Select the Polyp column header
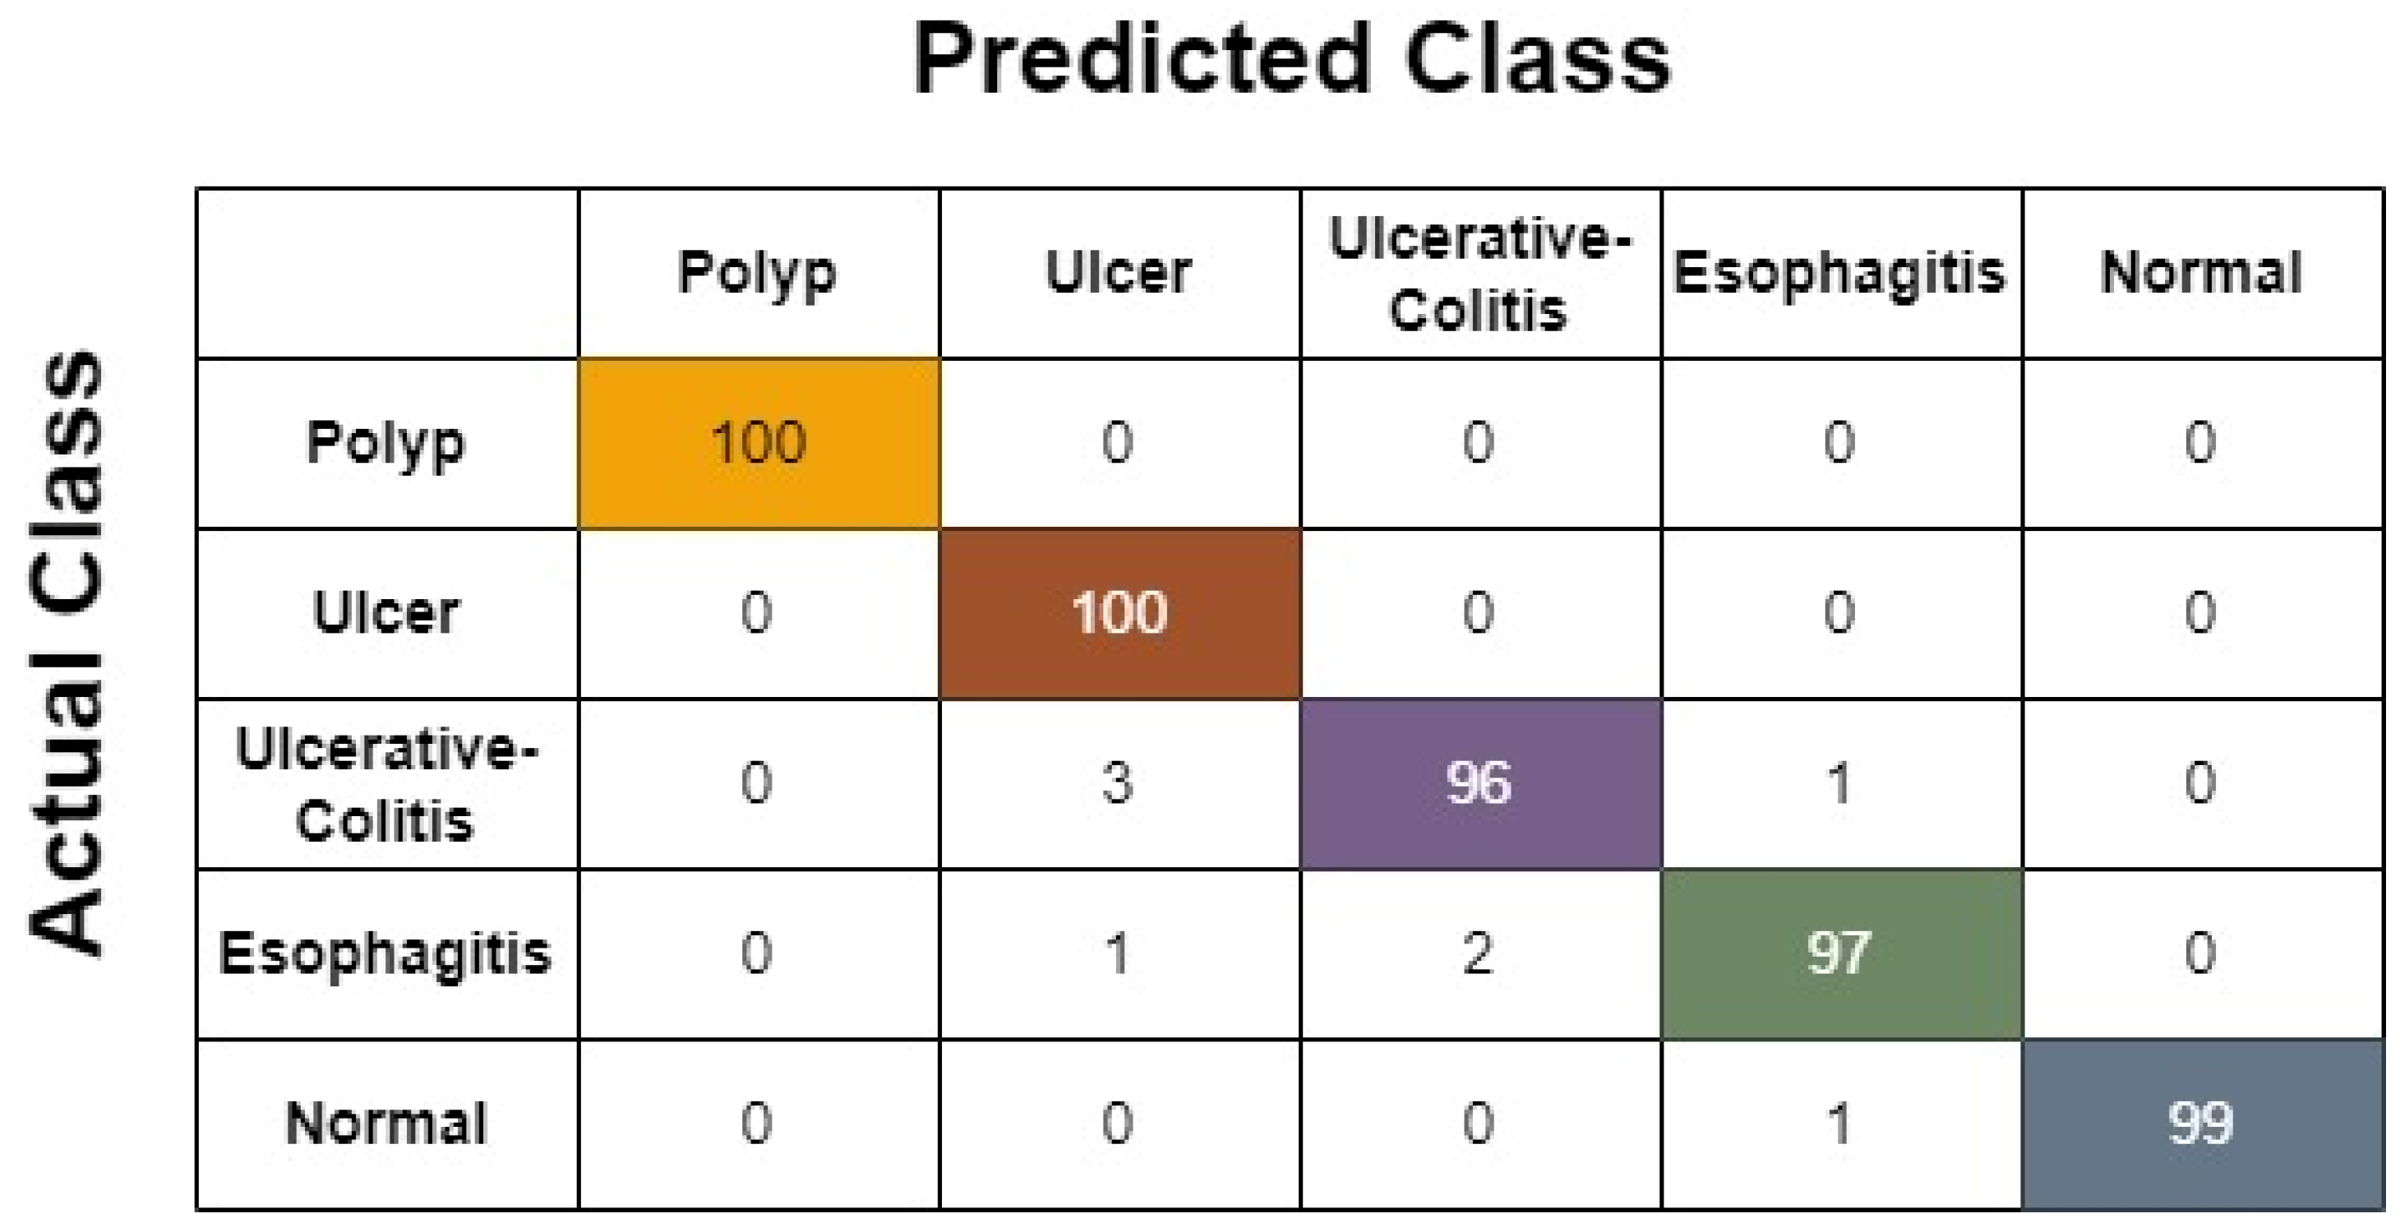pyautogui.click(x=758, y=273)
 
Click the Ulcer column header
pyautogui.click(x=1118, y=273)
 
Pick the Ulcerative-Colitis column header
pyautogui.click(x=1479, y=273)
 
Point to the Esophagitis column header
pyautogui.click(x=1839, y=273)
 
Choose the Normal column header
pyautogui.click(x=2200, y=273)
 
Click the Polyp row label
pyautogui.click(x=385, y=443)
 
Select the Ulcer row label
pyautogui.click(x=385, y=613)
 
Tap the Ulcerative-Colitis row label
pyautogui.click(x=385, y=784)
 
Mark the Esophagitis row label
pyautogui.click(x=385, y=953)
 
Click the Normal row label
pyautogui.click(x=385, y=1124)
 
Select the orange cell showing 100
pyautogui.click(x=759, y=443)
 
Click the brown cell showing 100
pyautogui.click(x=1119, y=613)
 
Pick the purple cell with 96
pyautogui.click(x=1479, y=784)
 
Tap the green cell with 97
pyautogui.click(x=1840, y=953)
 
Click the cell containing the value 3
pyautogui.click(x=1118, y=784)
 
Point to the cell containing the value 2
pyautogui.click(x=1479, y=953)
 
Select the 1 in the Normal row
pyautogui.click(x=1840, y=1124)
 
